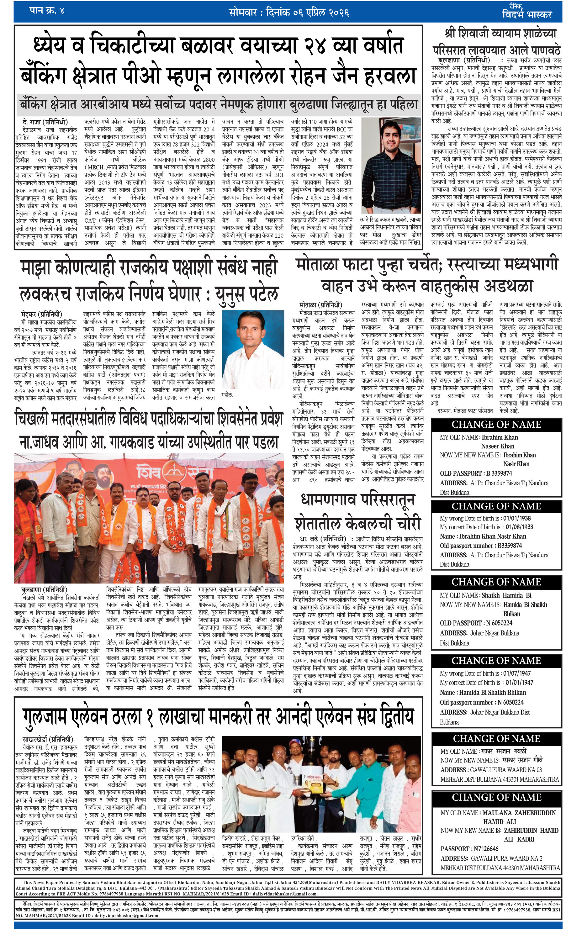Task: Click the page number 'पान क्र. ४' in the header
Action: (47, 10)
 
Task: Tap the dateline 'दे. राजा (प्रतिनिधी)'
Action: (45, 122)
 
